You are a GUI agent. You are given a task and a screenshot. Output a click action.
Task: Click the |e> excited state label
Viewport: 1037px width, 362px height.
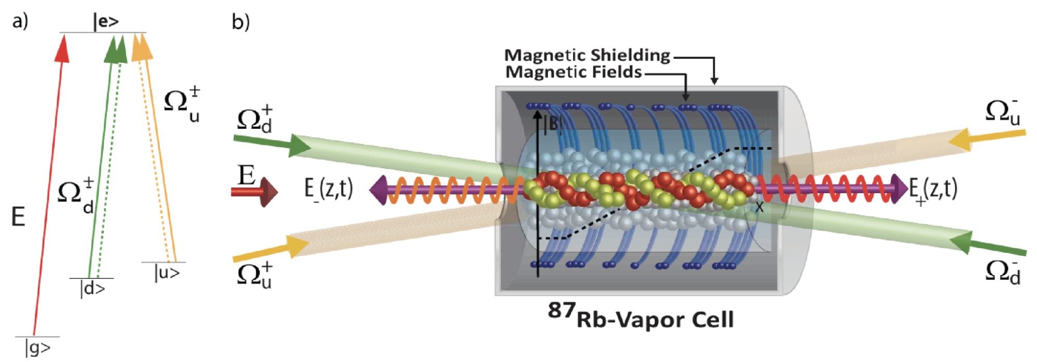(x=106, y=22)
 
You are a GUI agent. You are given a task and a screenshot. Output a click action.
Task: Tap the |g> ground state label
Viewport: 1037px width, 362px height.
(x=37, y=347)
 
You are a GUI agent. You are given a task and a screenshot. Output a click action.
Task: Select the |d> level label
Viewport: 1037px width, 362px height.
(x=92, y=288)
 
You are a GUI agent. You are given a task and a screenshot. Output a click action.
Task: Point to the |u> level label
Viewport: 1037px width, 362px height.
(x=167, y=272)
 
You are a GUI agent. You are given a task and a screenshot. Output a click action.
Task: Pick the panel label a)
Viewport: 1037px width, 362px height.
(x=20, y=21)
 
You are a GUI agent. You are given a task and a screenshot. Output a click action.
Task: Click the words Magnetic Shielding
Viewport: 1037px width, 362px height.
(x=587, y=55)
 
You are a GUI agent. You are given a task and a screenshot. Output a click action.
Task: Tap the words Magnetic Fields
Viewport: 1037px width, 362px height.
(x=574, y=72)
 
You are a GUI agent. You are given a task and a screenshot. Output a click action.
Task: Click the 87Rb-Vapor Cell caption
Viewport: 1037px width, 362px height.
(x=641, y=316)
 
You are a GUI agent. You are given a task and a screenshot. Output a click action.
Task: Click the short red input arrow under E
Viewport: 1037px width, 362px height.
(x=254, y=192)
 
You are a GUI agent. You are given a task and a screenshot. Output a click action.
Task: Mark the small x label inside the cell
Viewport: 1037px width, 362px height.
(x=759, y=207)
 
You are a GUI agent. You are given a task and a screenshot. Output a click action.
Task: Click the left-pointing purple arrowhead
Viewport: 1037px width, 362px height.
(x=378, y=190)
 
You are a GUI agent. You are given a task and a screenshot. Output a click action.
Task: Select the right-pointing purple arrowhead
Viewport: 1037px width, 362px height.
(x=899, y=188)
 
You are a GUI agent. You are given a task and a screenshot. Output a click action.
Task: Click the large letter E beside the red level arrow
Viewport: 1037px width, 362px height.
(x=18, y=217)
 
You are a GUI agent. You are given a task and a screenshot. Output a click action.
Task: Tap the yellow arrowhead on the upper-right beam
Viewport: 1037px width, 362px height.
(x=959, y=139)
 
